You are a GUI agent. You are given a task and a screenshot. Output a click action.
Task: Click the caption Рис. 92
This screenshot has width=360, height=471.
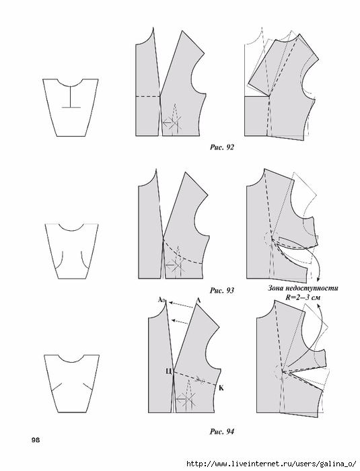(221, 147)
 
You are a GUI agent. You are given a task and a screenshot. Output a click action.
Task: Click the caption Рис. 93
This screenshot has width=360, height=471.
(221, 291)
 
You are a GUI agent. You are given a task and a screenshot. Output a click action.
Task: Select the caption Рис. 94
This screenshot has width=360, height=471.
(221, 432)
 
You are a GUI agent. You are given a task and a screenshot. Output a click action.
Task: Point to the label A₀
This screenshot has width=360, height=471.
(161, 299)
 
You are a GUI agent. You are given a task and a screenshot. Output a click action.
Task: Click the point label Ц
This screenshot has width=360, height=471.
(169, 371)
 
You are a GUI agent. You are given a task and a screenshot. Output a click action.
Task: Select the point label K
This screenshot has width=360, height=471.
(221, 388)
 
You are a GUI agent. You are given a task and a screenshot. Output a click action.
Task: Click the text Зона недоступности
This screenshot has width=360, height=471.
(303, 289)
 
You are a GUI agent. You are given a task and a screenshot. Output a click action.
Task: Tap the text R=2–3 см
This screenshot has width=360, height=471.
(303, 297)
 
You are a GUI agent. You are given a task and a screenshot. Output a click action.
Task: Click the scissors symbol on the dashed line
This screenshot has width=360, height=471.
(200, 379)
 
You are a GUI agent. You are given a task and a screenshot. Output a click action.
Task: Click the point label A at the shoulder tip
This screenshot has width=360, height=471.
(198, 300)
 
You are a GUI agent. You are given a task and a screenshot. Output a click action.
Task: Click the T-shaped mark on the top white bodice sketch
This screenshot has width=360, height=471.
(71, 97)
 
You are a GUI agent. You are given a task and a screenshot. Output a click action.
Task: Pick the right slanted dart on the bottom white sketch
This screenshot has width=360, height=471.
(88, 387)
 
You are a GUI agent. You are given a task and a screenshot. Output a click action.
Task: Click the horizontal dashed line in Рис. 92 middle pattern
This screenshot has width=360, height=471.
(147, 96)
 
